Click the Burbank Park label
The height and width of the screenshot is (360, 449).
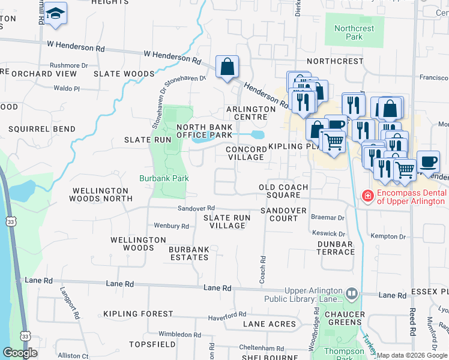pyautogui.click(x=164, y=178)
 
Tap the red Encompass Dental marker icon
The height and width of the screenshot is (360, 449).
pyautogui.click(x=366, y=196)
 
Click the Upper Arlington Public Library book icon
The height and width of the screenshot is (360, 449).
pyautogui.click(x=352, y=293)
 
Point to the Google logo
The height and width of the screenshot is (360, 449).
pyautogui.click(x=20, y=352)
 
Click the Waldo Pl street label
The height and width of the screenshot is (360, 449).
pyautogui.click(x=67, y=88)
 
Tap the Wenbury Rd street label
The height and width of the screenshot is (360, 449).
pyautogui.click(x=172, y=226)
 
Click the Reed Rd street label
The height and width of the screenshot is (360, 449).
pyautogui.click(x=412, y=331)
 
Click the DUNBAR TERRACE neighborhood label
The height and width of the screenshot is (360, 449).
pyautogui.click(x=335, y=248)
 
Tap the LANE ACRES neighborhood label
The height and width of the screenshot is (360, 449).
pyautogui.click(x=270, y=324)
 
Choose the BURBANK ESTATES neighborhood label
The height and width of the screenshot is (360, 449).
pyautogui.click(x=188, y=253)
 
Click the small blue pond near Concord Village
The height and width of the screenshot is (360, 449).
pyautogui.click(x=257, y=134)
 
